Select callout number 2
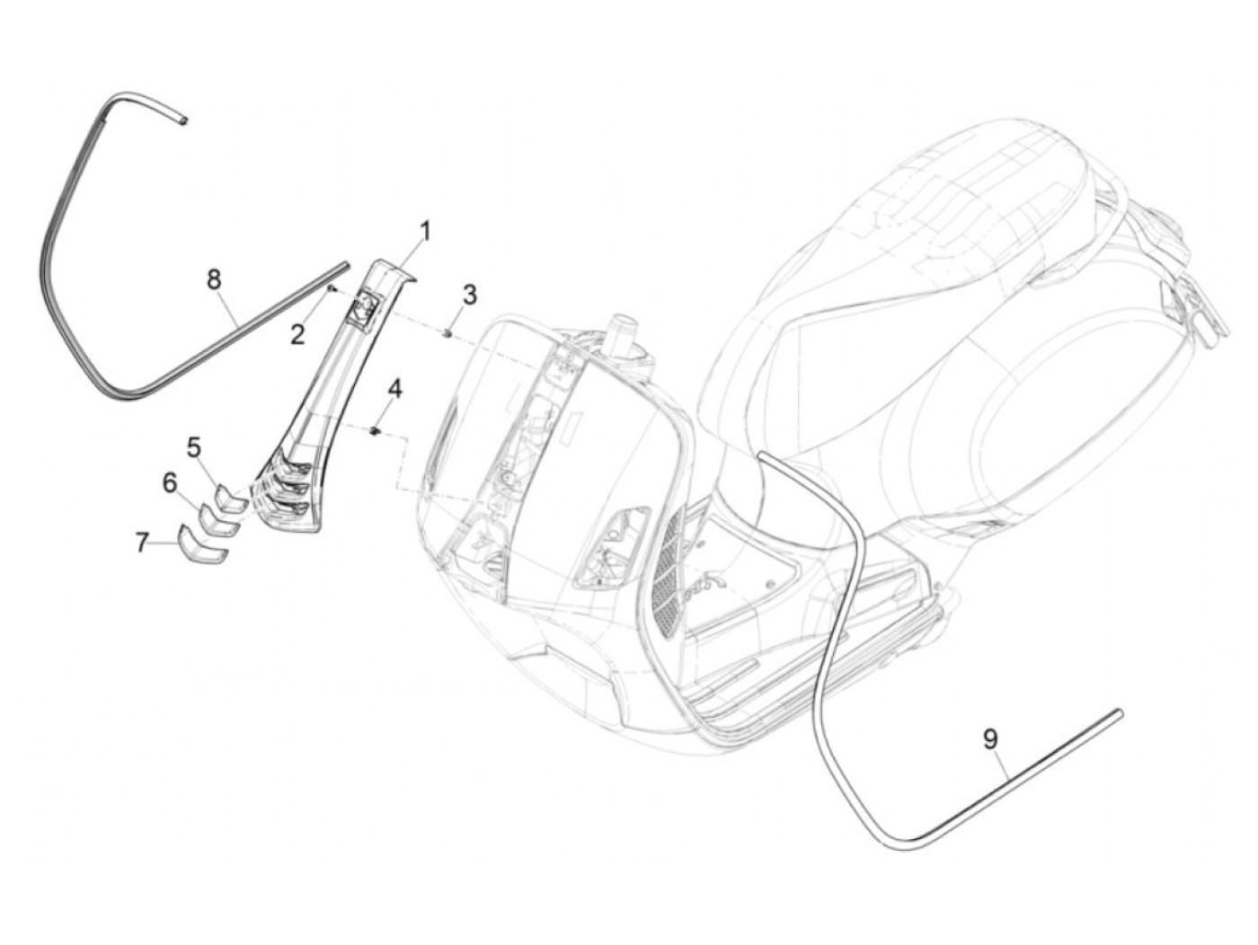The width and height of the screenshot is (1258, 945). click(297, 334)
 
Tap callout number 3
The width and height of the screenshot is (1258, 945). click(469, 294)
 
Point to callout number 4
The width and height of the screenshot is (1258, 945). click(395, 389)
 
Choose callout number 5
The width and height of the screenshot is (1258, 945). click(194, 446)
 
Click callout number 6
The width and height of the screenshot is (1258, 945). click(170, 483)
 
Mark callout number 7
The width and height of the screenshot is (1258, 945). click(142, 542)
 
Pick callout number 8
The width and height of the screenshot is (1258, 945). click(214, 279)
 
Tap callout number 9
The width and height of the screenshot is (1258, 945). click(989, 738)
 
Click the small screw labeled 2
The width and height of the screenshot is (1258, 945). click(332, 288)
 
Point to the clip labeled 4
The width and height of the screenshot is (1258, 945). click(377, 431)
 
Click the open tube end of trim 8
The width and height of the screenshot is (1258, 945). click(182, 118)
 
